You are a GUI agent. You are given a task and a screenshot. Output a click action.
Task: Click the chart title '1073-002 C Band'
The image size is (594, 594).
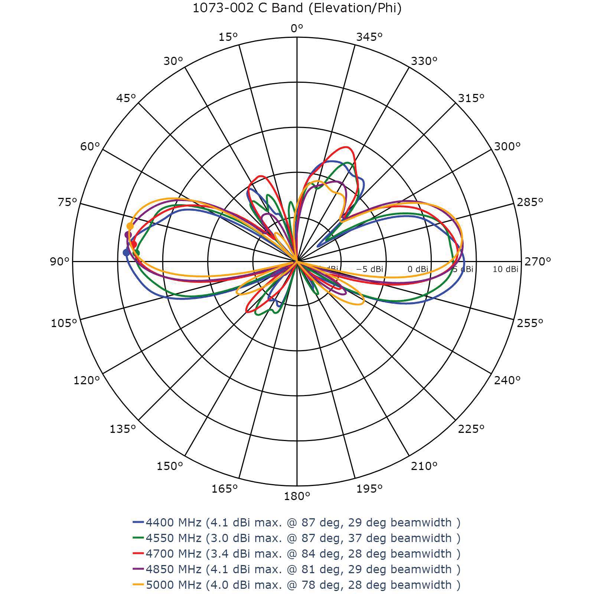[297, 8]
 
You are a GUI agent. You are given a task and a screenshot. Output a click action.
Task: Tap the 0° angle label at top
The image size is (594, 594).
[297, 28]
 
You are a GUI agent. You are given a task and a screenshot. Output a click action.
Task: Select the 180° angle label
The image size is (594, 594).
[297, 496]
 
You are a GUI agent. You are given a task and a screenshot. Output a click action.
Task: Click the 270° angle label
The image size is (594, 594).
[537, 262]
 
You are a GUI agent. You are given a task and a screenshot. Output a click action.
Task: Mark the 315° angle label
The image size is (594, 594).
[471, 98]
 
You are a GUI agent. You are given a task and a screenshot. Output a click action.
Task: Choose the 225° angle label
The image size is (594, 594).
[471, 429]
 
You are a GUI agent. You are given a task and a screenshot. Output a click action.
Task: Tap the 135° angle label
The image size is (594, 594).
[123, 429]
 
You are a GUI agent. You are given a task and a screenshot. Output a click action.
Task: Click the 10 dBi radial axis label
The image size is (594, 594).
[505, 269]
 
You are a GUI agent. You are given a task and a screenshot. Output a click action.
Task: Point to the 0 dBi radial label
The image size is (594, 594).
[418, 269]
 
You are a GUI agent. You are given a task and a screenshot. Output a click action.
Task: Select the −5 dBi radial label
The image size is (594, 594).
[370, 269]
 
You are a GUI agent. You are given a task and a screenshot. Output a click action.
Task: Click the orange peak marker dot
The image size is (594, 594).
[130, 226]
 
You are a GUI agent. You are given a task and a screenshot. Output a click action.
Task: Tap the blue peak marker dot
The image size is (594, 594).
[126, 252]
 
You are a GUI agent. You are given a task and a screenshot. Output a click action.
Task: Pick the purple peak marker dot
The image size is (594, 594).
[128, 235]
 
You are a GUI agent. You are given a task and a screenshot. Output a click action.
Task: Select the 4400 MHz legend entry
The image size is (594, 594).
[297, 522]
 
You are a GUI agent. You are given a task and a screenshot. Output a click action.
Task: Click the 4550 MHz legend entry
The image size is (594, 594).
[297, 538]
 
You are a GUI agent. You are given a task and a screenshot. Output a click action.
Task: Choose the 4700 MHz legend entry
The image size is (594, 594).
[297, 554]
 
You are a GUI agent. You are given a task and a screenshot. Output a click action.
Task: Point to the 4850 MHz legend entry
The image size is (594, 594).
[297, 569]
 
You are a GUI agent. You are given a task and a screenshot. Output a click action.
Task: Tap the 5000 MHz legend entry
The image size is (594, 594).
[297, 585]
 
